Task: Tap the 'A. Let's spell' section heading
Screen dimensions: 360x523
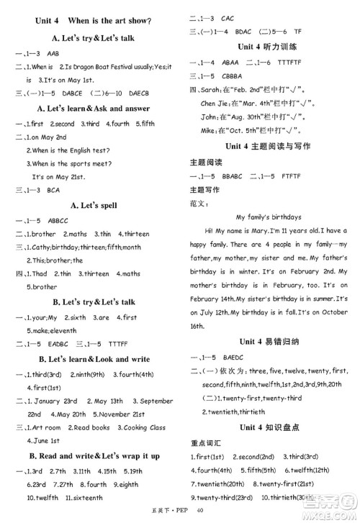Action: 89,205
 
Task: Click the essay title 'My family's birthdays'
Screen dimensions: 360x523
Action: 269,217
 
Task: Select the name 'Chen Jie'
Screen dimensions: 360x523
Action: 214,104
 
